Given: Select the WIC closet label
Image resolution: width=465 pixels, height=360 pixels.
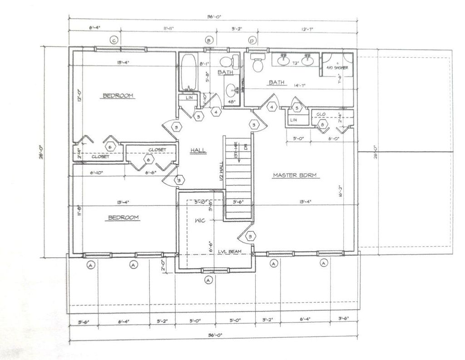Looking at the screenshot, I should click(x=200, y=220).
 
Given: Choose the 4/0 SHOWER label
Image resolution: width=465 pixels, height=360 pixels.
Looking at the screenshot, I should click(x=337, y=68).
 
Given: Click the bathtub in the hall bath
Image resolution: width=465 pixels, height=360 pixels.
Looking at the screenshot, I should click(x=188, y=72).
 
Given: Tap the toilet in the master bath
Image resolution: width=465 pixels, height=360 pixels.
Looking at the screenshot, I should click(x=258, y=64).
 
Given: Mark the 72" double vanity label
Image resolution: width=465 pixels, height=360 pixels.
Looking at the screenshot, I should click(x=295, y=63).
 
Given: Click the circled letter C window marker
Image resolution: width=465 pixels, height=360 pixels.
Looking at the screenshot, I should click(x=114, y=40).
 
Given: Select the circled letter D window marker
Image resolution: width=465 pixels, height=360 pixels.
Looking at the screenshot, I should click(x=252, y=40).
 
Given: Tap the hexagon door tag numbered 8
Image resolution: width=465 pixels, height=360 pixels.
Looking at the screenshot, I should click(x=322, y=124).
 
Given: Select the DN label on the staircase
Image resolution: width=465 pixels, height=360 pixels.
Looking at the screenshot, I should click(x=245, y=146).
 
